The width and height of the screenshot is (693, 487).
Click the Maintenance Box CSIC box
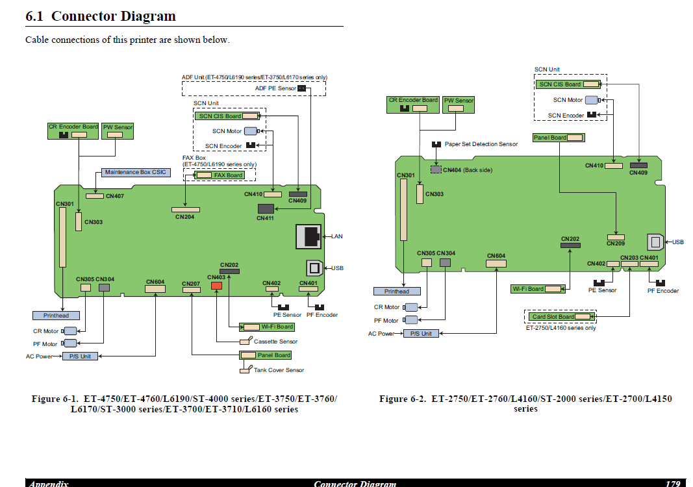[136, 172]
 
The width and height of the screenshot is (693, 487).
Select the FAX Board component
[220, 175]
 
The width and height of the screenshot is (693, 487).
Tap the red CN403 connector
[216, 286]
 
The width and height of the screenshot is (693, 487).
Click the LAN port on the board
[309, 237]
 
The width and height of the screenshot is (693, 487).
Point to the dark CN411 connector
[266, 208]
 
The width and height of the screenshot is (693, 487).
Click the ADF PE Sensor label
[275, 88]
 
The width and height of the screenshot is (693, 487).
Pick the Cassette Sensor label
[276, 342]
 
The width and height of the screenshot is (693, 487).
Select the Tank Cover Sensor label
[279, 370]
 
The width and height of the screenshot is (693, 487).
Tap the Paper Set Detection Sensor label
[481, 144]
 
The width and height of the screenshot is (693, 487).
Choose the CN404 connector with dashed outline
[436, 169]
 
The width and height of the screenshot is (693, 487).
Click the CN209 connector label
[616, 243]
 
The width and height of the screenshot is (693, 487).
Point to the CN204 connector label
[184, 217]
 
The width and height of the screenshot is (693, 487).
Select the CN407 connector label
[115, 196]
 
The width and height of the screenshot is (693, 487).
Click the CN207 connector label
[191, 284]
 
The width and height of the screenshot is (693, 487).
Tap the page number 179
[673, 484]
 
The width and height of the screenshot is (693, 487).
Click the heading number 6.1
[34, 16]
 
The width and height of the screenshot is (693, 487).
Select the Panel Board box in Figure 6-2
[559, 138]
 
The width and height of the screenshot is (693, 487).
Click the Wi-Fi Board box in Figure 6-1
[267, 327]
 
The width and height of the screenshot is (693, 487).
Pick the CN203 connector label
[629, 258]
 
